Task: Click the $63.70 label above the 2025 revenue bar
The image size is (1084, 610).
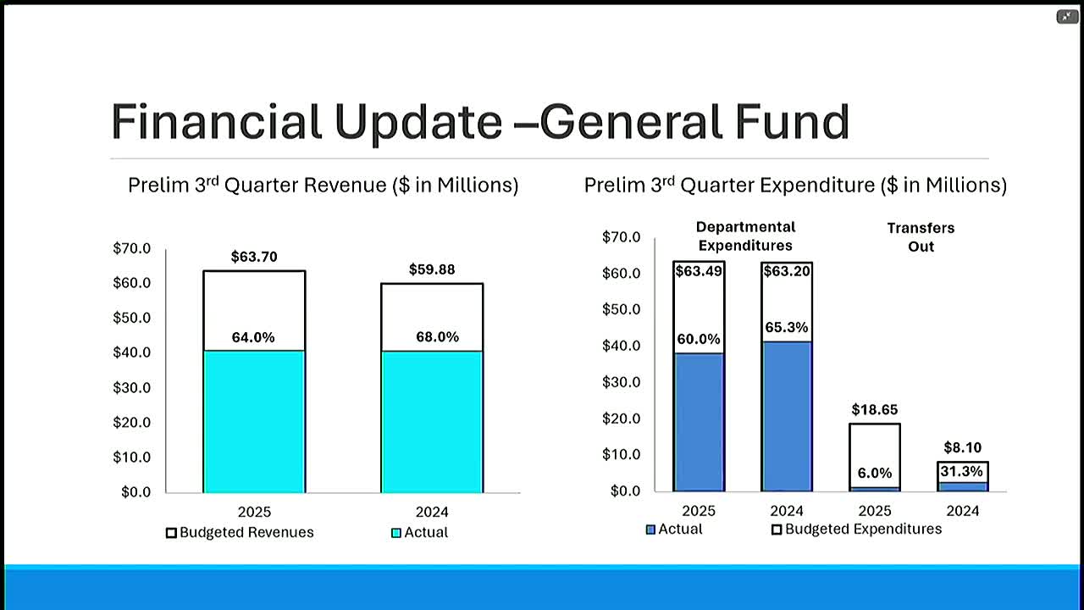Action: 254,257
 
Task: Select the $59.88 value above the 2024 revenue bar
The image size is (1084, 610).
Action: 432,269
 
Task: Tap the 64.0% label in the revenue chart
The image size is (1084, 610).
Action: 253,337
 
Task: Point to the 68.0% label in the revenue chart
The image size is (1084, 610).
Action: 438,337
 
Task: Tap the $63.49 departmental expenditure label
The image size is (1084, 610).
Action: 698,272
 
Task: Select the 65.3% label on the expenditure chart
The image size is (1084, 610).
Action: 787,327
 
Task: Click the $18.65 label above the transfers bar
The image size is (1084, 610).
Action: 875,410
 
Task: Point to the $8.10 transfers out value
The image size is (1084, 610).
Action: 962,447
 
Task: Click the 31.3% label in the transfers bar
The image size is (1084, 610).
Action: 963,471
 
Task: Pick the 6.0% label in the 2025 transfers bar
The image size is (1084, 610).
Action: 875,474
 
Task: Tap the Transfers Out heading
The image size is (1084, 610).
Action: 921,237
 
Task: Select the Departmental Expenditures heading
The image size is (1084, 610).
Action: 745,236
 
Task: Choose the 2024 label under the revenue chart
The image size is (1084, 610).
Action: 432,512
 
